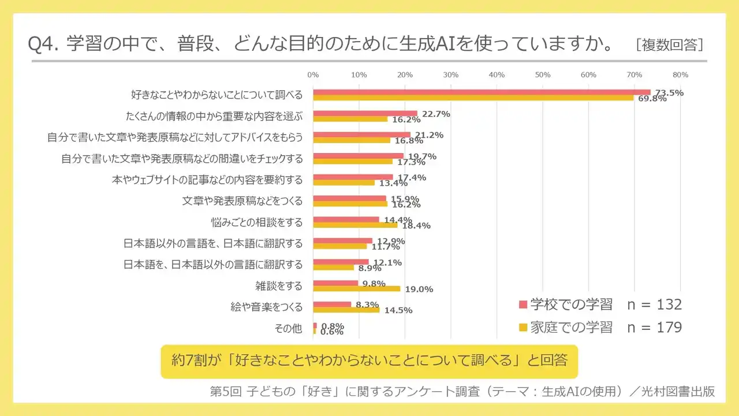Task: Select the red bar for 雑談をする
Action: pos(335,283)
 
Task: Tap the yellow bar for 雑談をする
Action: pos(356,288)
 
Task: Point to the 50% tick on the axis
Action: pos(542,75)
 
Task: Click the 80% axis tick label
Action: pos(680,75)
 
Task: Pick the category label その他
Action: pos(288,328)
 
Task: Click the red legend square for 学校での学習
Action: pos(523,305)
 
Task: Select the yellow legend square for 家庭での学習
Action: pos(523,328)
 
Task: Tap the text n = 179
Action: pos(654,328)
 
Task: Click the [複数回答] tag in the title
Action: pos(669,45)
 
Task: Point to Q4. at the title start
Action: pos(44,44)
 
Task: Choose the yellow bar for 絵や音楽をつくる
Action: pos(346,310)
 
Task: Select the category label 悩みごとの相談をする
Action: pos(257,222)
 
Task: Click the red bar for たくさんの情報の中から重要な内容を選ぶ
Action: pos(365,113)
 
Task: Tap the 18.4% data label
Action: pos(417,226)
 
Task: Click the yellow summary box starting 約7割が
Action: pos(369,361)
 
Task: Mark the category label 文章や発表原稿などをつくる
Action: pos(242,200)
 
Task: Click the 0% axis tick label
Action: pos(313,75)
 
